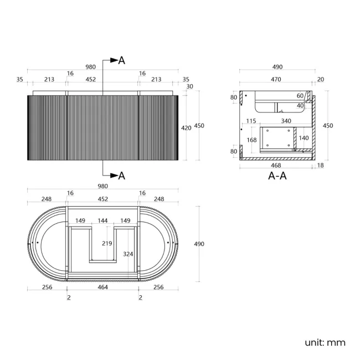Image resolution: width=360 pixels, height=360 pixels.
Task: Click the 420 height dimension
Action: click(186, 128)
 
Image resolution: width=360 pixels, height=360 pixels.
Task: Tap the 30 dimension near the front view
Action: click(189, 86)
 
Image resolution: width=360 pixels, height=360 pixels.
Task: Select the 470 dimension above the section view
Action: click(276, 79)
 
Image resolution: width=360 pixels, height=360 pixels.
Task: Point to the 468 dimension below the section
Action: click(276, 165)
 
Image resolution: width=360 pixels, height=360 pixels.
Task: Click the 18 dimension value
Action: click(320, 165)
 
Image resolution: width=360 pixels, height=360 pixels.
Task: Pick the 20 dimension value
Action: click(321, 79)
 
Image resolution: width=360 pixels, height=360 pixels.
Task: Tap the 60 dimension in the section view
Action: click(300, 96)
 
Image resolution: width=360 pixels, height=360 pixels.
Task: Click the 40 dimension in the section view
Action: click(300, 106)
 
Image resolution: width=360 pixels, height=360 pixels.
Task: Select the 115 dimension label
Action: click(251, 121)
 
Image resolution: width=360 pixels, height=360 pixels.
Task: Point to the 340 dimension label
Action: click(286, 121)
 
